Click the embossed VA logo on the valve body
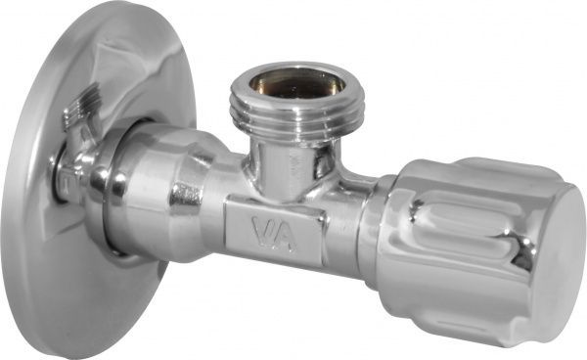click(x=275, y=235)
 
